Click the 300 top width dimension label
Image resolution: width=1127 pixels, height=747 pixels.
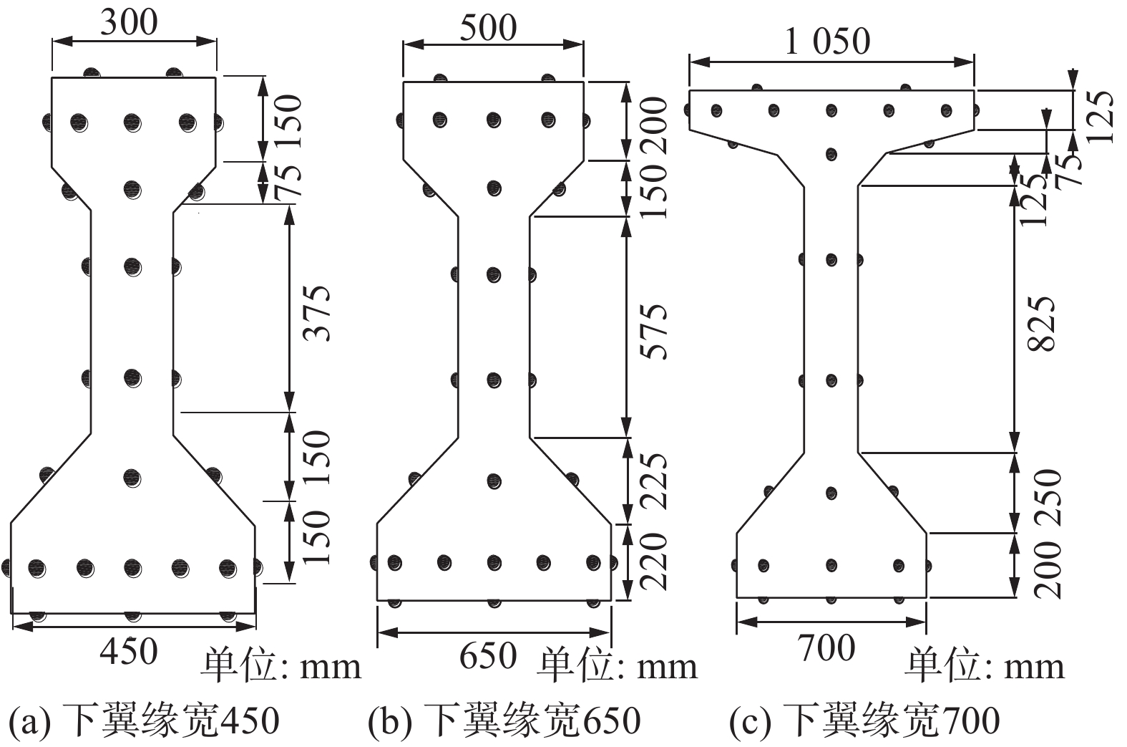click(129, 22)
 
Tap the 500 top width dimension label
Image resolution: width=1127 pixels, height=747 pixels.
click(488, 28)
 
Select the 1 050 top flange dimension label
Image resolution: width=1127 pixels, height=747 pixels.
click(828, 41)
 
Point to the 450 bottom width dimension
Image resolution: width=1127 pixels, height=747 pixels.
click(129, 651)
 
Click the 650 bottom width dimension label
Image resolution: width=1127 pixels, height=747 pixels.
click(488, 655)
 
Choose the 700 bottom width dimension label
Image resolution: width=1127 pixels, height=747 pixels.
click(826, 648)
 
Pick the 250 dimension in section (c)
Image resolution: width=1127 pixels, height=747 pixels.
click(1046, 491)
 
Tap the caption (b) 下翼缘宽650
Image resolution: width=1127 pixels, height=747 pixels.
click(504, 720)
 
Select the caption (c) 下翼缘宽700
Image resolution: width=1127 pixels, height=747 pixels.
click(864, 720)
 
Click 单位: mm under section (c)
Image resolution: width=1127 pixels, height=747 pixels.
click(985, 667)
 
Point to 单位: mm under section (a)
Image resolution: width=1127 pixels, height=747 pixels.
click(280, 667)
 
